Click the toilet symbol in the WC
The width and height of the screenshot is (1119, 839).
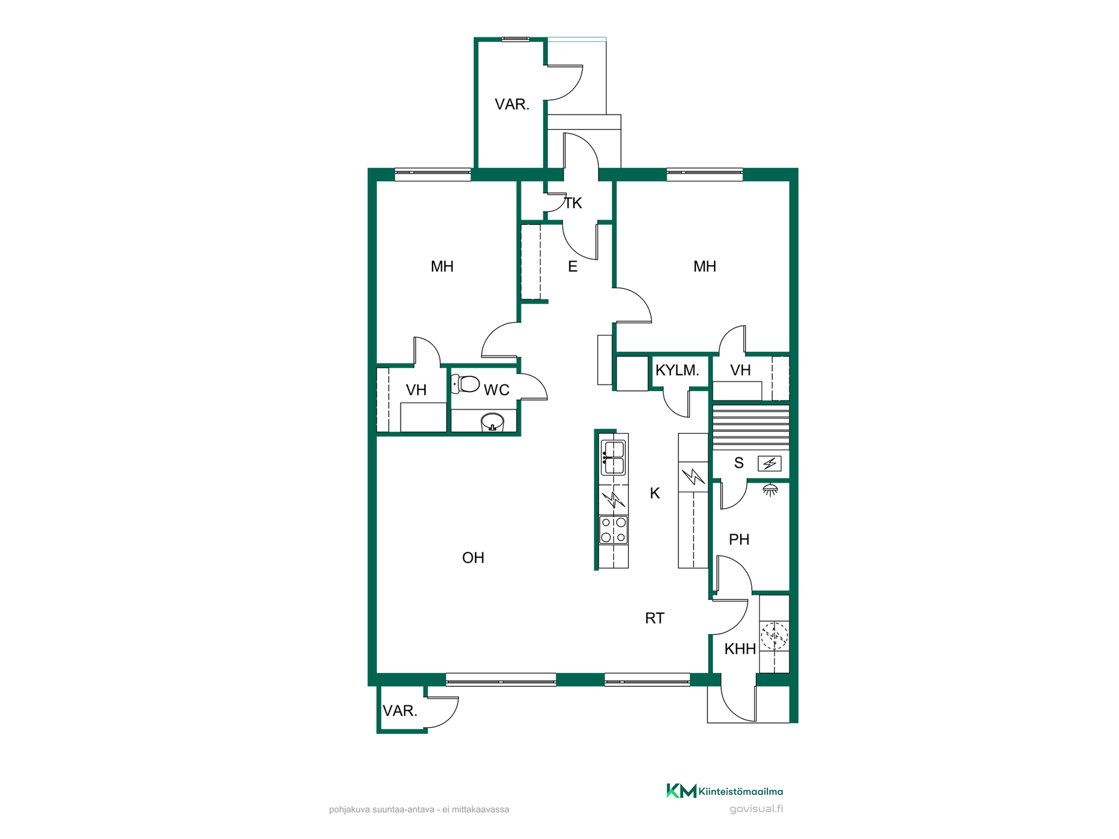click(465, 384)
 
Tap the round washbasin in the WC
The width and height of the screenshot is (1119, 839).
click(492, 422)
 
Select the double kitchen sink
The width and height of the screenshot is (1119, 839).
click(613, 458)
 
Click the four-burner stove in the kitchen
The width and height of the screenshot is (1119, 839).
click(614, 530)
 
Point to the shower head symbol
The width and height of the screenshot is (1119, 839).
click(770, 489)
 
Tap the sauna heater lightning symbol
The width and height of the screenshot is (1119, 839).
click(770, 464)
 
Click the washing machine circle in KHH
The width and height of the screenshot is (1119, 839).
click(775, 636)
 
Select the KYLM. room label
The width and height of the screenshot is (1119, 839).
click(677, 370)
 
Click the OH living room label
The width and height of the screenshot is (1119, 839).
click(473, 558)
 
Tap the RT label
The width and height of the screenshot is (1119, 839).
click(654, 618)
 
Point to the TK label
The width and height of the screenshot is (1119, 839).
click(573, 203)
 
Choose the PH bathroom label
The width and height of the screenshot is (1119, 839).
click(739, 540)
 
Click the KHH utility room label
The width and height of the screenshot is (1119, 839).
click(740, 649)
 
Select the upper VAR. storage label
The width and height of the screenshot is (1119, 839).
click(512, 104)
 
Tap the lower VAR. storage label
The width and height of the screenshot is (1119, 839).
click(400, 711)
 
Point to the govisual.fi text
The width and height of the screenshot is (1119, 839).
click(756, 809)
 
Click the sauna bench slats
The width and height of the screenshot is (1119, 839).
click(751, 427)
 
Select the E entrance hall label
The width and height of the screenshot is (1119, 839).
click(573, 267)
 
